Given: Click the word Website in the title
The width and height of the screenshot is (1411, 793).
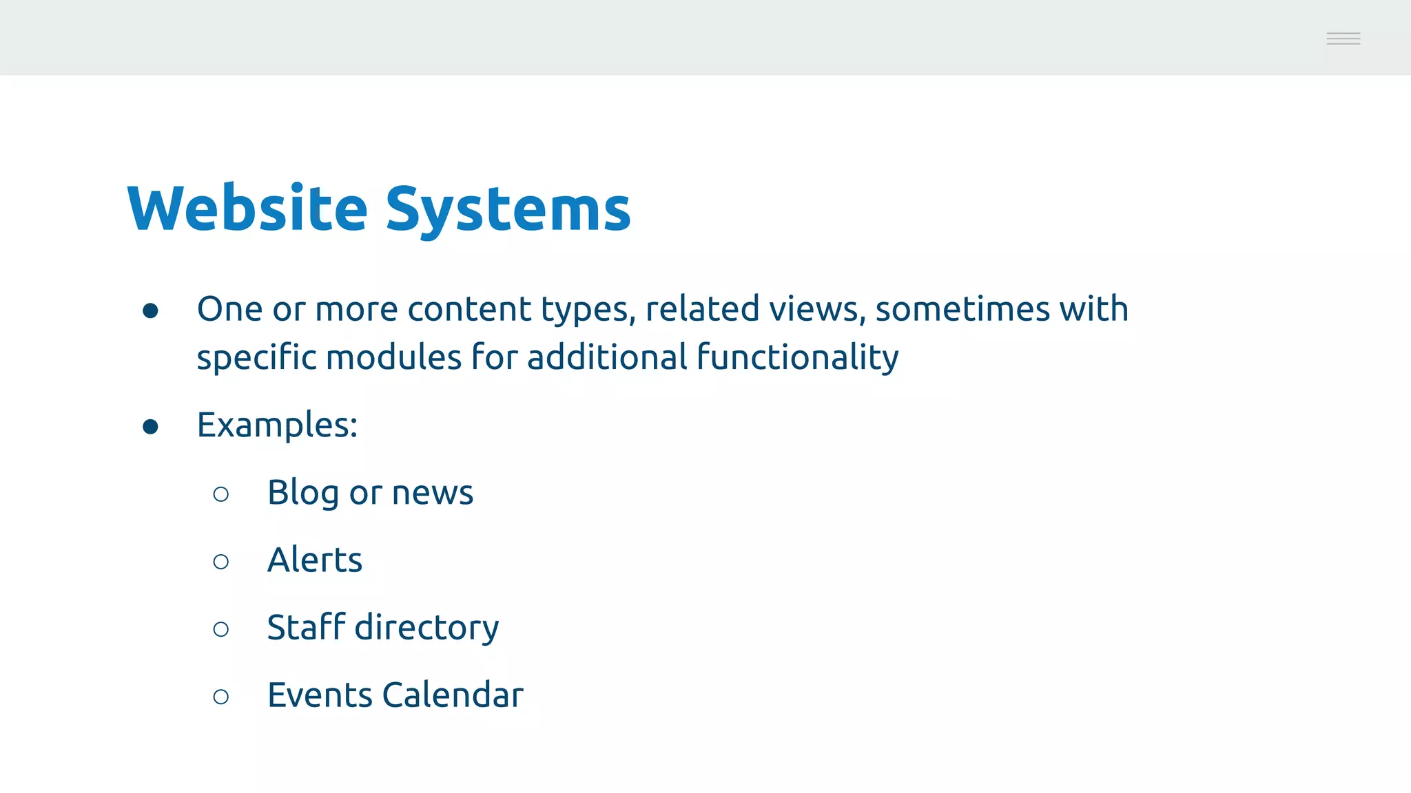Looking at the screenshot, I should point(247,208).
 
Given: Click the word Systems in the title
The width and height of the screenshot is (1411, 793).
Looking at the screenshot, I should point(508,209).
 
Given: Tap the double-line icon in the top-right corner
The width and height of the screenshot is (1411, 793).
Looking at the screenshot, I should point(1343,39).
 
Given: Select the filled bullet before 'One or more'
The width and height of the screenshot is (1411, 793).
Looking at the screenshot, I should point(150,311).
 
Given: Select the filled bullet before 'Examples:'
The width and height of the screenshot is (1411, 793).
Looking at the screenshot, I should point(150,427).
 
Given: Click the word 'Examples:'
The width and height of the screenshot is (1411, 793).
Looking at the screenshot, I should point(277,425).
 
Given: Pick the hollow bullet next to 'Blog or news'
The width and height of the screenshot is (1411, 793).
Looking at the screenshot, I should point(221,494).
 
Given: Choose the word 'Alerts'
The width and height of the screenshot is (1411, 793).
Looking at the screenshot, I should point(315,560).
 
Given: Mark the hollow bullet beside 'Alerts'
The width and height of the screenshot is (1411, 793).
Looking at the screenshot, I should point(221,562).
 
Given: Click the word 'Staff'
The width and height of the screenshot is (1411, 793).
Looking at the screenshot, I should point(306,627).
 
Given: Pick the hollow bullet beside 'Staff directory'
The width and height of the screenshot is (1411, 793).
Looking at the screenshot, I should point(221,629).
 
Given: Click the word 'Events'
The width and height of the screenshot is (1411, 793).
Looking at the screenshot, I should point(320,695).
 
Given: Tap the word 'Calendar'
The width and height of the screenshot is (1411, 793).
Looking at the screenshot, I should point(453,695).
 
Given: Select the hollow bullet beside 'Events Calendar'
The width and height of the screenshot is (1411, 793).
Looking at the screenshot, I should point(221,697).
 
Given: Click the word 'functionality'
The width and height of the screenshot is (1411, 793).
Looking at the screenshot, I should point(797,358).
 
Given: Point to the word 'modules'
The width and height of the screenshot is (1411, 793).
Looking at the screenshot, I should point(393,358).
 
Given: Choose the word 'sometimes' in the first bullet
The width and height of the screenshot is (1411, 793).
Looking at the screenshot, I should point(962,309).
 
